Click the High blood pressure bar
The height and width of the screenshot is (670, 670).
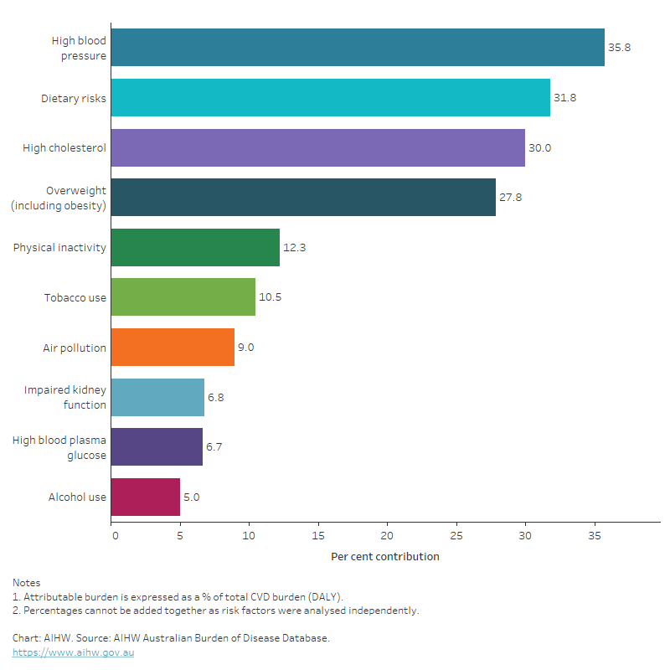pos(358,48)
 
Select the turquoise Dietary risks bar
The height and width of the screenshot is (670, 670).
pos(330,98)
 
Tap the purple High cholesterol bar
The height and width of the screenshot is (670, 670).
pos(317,148)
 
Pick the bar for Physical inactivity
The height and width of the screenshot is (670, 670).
pos(195,248)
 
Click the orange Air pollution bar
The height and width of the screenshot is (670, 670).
pos(173,348)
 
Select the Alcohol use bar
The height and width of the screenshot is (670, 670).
pos(145,497)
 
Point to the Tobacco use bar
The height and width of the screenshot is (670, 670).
pos(183,298)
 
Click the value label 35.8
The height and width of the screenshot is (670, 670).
pos(619,48)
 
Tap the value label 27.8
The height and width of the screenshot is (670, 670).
pos(510,198)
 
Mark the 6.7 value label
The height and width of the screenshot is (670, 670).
pos(217,447)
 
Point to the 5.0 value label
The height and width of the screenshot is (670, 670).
pos(191,497)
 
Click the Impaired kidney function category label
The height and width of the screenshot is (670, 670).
pos(65,398)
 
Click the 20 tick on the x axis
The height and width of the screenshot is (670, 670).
pos(387,534)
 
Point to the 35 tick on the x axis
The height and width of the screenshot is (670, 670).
pos(594,534)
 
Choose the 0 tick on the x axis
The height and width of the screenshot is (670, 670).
pos(115,534)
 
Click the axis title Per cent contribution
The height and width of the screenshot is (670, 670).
pos(384,557)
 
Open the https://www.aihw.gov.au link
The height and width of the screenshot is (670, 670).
pos(73,652)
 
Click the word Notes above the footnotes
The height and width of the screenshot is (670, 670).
pos(26,582)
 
